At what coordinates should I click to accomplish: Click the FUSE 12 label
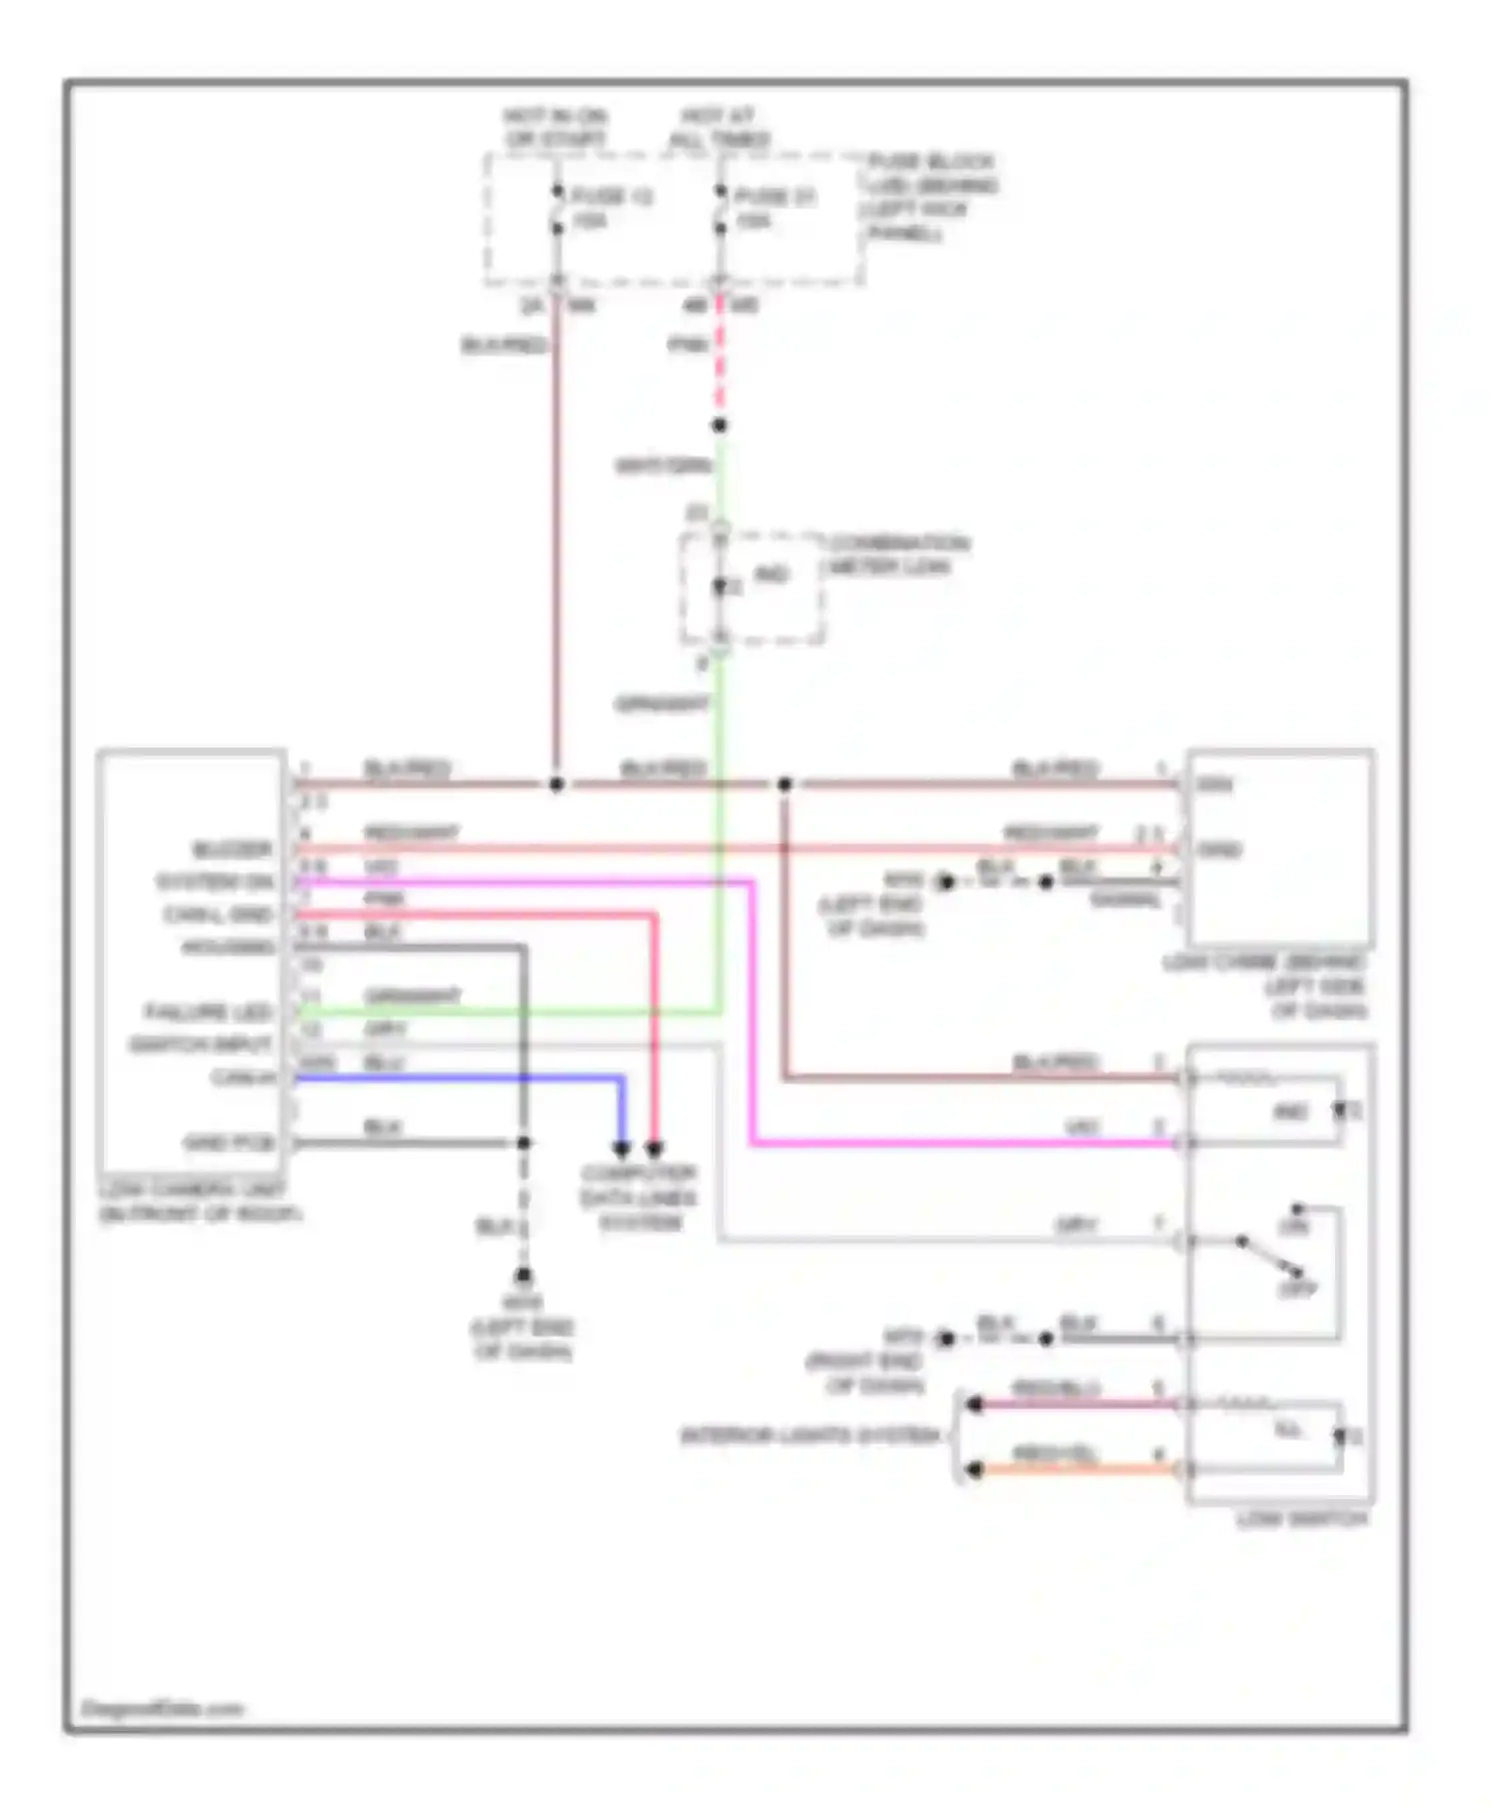point(611,196)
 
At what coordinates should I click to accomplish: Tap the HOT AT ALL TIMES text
point(719,128)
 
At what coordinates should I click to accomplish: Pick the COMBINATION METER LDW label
point(897,555)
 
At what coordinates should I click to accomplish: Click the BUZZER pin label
point(232,850)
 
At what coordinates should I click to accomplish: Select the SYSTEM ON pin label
point(215,883)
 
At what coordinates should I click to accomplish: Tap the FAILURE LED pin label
point(209,1012)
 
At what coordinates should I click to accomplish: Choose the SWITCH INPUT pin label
point(201,1044)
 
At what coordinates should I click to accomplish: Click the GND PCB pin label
point(228,1142)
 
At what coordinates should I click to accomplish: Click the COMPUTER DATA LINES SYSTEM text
point(640,1197)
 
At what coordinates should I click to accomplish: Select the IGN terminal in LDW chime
point(1214,785)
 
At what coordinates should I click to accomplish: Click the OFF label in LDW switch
point(1297,1289)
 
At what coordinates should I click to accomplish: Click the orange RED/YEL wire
point(1079,1469)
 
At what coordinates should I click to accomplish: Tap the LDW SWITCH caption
point(1301,1519)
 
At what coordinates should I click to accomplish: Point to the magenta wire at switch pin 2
point(959,1142)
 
